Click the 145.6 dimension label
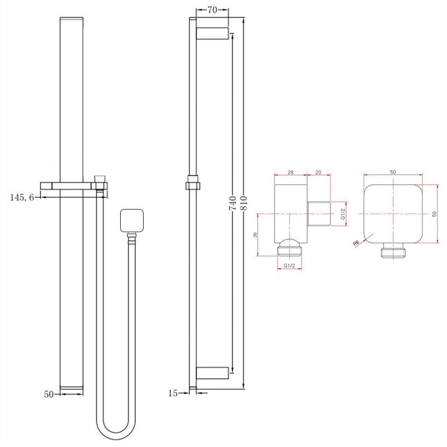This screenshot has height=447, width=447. (22, 197)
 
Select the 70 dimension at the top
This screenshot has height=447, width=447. (212, 9)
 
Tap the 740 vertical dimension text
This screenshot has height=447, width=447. (232, 203)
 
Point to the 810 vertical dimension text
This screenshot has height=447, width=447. (244, 203)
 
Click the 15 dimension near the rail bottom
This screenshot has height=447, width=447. (173, 393)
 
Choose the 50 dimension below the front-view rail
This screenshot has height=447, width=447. (49, 394)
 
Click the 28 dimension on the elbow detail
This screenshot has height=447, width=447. (291, 173)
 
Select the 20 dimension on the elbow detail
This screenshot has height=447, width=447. (318, 173)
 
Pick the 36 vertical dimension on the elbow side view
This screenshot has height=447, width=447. (256, 235)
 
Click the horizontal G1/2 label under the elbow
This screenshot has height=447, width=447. (289, 266)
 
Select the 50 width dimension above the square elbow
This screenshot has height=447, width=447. (393, 172)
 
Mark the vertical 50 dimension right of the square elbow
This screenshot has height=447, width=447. (434, 214)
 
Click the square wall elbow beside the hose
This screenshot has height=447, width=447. (132, 221)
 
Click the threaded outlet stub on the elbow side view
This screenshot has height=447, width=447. (320, 213)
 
